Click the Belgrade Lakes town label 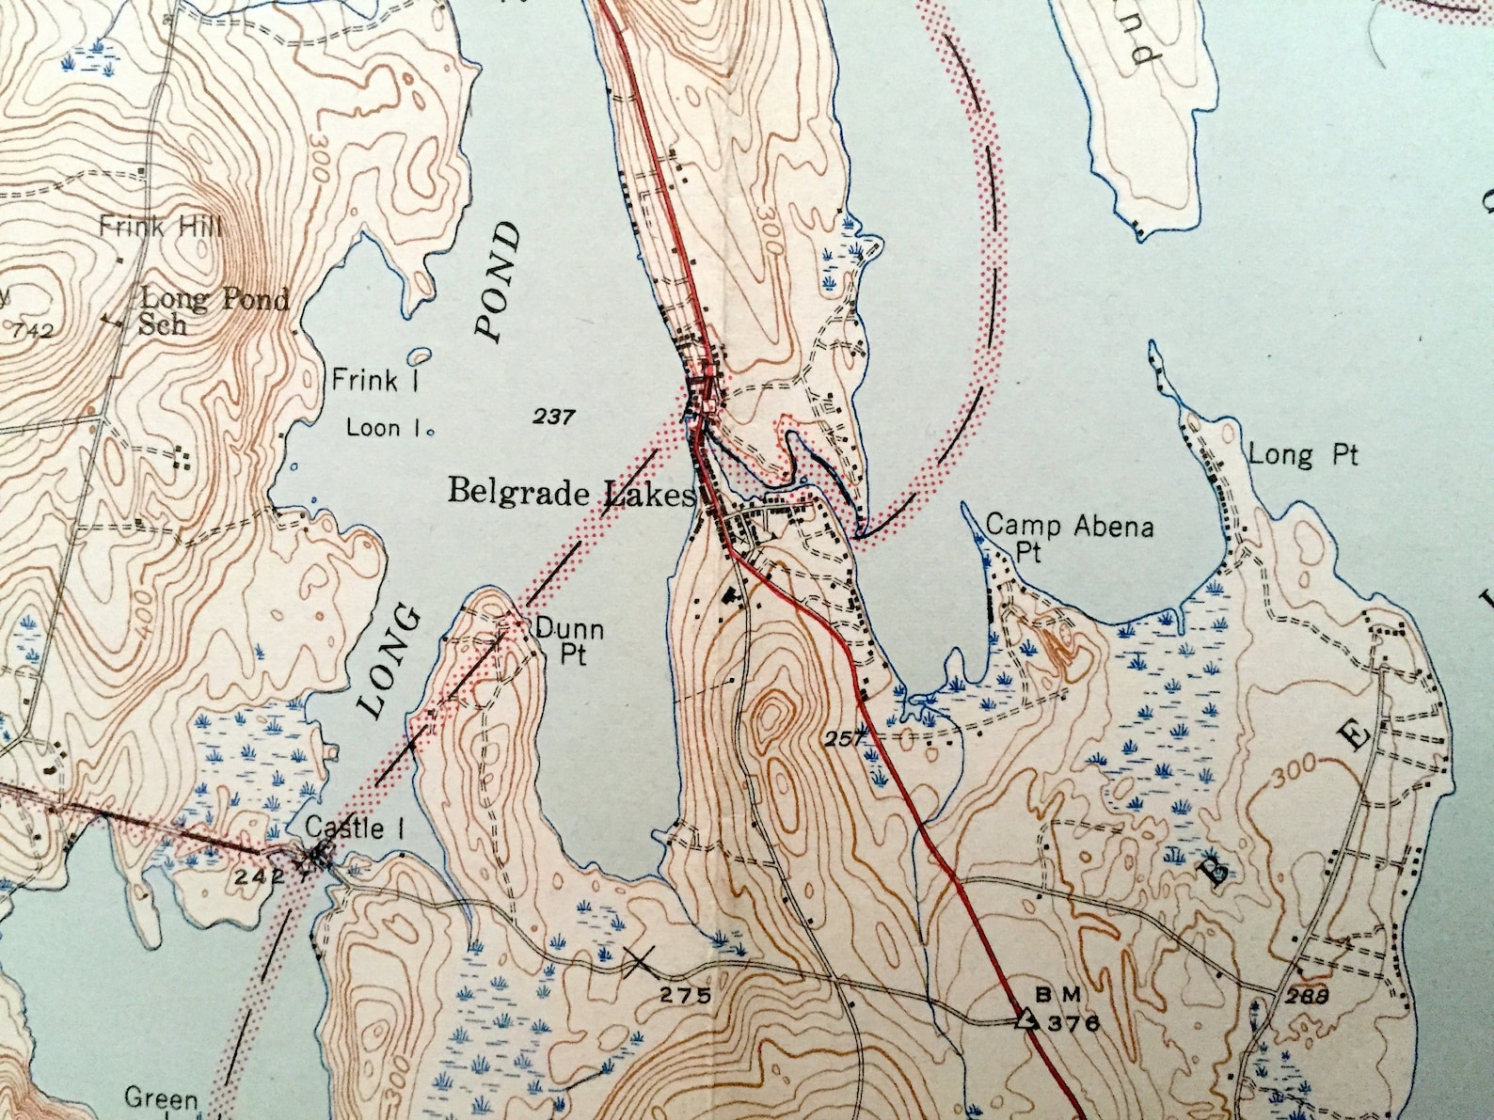click(571, 493)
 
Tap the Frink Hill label click(161, 227)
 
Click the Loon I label click(385, 428)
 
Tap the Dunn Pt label click(569, 640)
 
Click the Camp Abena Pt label click(1069, 537)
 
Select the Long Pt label click(1303, 456)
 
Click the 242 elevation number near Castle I click(260, 876)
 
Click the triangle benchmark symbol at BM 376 click(1025, 1018)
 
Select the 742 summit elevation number click(35, 331)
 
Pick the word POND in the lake click(499, 280)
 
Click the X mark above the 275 click(640, 960)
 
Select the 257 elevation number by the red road click(844, 739)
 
